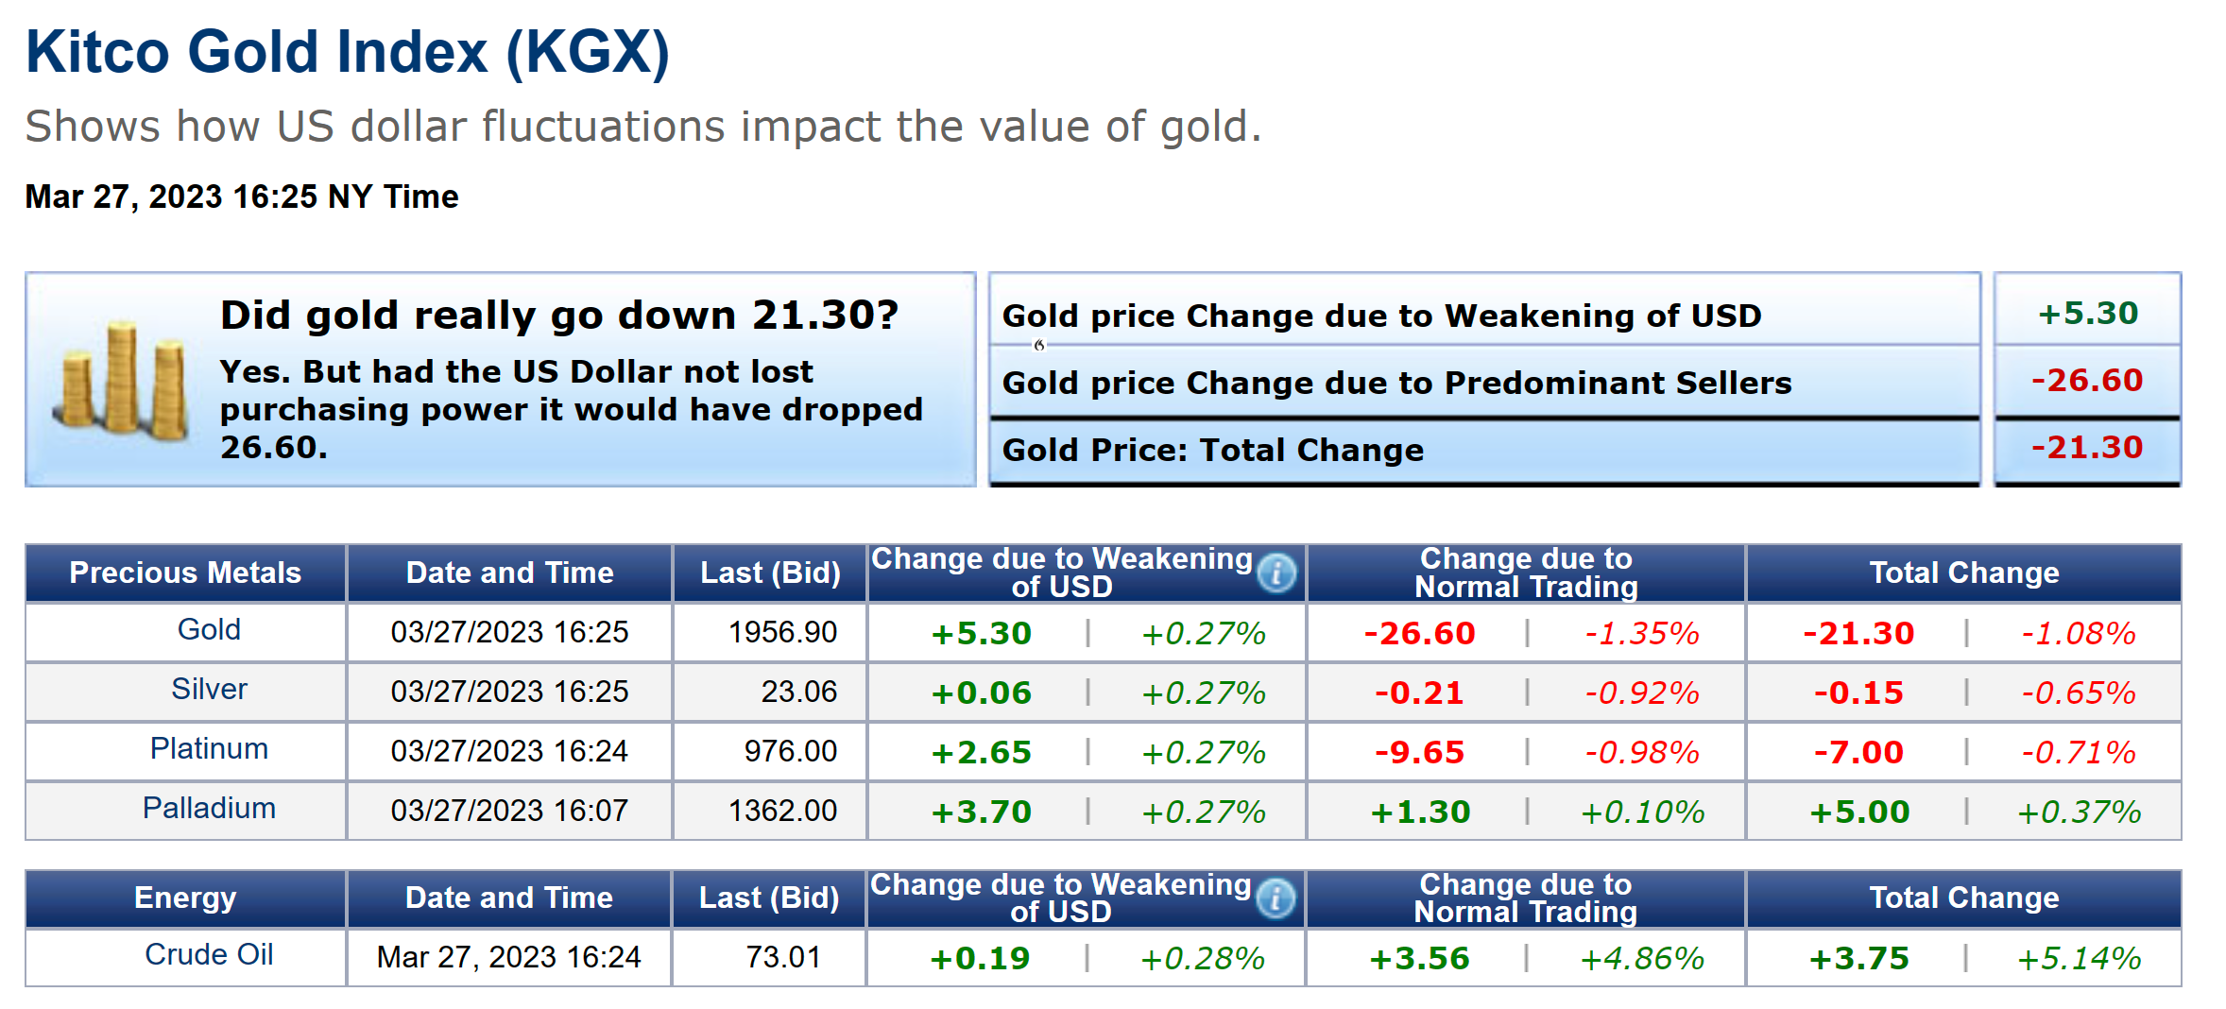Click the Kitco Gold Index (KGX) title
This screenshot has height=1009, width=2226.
pyautogui.click(x=347, y=52)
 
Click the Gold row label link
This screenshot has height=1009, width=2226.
pyautogui.click(x=209, y=629)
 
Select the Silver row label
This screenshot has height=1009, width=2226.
pyautogui.click(x=209, y=689)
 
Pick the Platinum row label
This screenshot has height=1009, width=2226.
pyautogui.click(x=209, y=748)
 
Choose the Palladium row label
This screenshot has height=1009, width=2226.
pyautogui.click(x=209, y=808)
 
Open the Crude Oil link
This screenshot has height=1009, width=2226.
pyautogui.click(x=209, y=954)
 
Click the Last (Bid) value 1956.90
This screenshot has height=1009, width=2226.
pyautogui.click(x=782, y=632)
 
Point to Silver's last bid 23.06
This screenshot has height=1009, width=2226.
pyautogui.click(x=798, y=692)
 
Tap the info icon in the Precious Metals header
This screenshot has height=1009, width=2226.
pyautogui.click(x=1277, y=573)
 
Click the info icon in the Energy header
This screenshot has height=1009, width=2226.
pyautogui.click(x=1276, y=898)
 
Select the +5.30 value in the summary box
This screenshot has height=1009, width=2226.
pyautogui.click(x=2087, y=314)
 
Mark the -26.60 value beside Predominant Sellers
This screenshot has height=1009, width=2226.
pyautogui.click(x=2087, y=381)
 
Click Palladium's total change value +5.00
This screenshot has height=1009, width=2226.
pyautogui.click(x=1859, y=812)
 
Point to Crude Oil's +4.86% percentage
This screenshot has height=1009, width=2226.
pyautogui.click(x=1642, y=959)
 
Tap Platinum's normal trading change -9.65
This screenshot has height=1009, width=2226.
pyautogui.click(x=1419, y=752)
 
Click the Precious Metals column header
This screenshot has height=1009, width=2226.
pyautogui.click(x=185, y=573)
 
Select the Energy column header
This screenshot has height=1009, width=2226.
pyautogui.click(x=185, y=898)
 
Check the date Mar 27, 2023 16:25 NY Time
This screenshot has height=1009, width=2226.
pyautogui.click(x=242, y=197)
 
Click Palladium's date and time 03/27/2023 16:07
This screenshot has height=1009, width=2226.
pyautogui.click(x=509, y=811)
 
